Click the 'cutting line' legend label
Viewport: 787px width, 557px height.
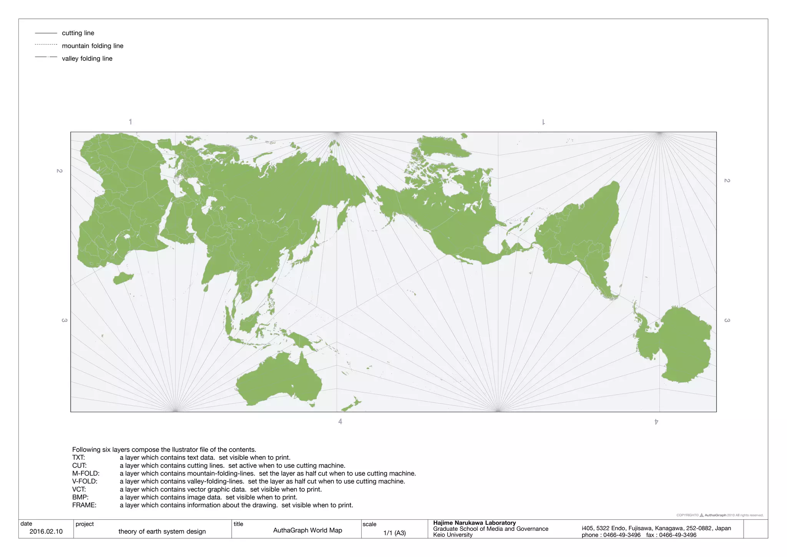[78, 33]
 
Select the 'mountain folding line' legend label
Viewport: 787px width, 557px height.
[93, 46]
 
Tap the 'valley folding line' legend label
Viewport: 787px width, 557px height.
[87, 58]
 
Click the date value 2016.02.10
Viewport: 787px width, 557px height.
[46, 531]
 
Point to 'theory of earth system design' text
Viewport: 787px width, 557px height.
[162, 531]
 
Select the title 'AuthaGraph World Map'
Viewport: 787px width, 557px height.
[307, 530]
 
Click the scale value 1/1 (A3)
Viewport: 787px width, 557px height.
[394, 533]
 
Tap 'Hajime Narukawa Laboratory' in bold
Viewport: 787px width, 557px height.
[474, 523]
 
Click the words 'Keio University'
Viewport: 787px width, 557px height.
[453, 535]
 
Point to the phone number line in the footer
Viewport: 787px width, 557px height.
[639, 535]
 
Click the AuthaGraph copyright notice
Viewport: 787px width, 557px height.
[720, 515]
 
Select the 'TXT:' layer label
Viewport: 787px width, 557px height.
[78, 457]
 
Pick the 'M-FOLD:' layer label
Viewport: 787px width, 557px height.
[86, 473]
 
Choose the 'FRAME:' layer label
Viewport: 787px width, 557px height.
[84, 505]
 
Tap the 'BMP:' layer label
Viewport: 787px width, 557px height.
[80, 497]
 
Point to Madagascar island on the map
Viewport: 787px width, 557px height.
[123, 278]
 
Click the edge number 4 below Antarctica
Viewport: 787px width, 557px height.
[656, 422]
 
